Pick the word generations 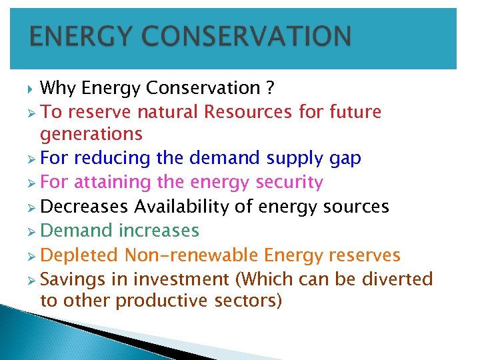[91, 134]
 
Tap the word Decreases [84, 207]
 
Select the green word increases [159, 231]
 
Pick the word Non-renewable [191, 255]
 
